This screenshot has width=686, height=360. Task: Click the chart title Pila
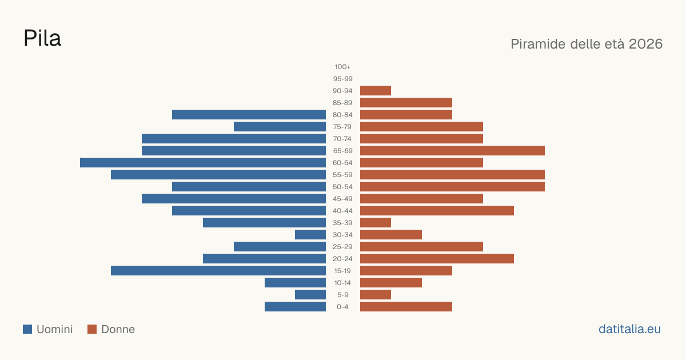(x=42, y=38)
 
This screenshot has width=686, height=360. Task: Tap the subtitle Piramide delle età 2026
(x=587, y=44)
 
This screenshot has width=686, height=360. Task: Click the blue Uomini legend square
(x=27, y=329)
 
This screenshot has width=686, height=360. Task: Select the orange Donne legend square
(x=92, y=329)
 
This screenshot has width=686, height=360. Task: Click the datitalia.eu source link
(x=629, y=329)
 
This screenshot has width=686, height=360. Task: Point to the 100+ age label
(x=342, y=67)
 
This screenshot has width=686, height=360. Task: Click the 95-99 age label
(x=342, y=79)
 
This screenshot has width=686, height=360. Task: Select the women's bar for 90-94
(x=376, y=91)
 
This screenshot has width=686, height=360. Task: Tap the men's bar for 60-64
(x=203, y=162)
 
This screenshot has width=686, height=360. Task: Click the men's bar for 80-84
(x=249, y=114)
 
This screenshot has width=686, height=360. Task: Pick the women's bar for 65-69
(x=452, y=151)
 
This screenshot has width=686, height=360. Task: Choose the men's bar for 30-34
(x=310, y=234)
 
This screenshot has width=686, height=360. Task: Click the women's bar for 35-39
(x=376, y=222)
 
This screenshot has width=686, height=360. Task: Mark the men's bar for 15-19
(x=218, y=271)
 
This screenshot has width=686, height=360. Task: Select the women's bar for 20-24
(x=437, y=259)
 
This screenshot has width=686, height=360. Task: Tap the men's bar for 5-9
(x=310, y=294)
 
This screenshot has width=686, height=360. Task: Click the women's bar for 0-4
(x=406, y=306)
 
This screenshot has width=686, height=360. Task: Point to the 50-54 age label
(x=342, y=187)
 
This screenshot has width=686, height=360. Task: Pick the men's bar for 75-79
(x=280, y=127)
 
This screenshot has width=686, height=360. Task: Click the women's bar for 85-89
(x=406, y=102)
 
